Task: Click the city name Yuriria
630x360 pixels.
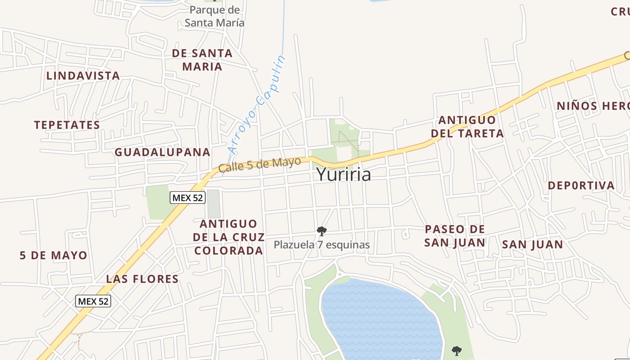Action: (344, 175)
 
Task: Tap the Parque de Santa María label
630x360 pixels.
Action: (215, 16)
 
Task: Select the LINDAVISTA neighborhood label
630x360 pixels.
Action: (83, 76)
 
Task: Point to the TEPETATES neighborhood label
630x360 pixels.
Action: (67, 125)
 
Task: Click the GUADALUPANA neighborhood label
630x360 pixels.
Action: (162, 152)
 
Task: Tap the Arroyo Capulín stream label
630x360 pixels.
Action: (257, 104)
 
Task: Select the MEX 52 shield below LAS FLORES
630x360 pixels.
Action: (93, 301)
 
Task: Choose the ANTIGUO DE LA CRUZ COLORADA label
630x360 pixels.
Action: (229, 237)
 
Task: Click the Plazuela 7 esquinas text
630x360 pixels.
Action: (322, 245)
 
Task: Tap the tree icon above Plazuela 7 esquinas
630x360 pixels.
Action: (321, 231)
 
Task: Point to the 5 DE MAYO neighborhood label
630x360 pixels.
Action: (54, 256)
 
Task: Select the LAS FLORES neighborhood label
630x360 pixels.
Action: (142, 279)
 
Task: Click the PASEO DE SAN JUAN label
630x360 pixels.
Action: (455, 236)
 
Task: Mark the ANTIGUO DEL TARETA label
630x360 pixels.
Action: (467, 127)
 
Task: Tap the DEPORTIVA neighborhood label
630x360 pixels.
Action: (581, 185)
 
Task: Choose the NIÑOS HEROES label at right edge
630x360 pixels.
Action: (593, 106)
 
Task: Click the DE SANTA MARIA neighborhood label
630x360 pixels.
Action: (202, 60)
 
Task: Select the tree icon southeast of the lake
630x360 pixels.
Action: (457, 350)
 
